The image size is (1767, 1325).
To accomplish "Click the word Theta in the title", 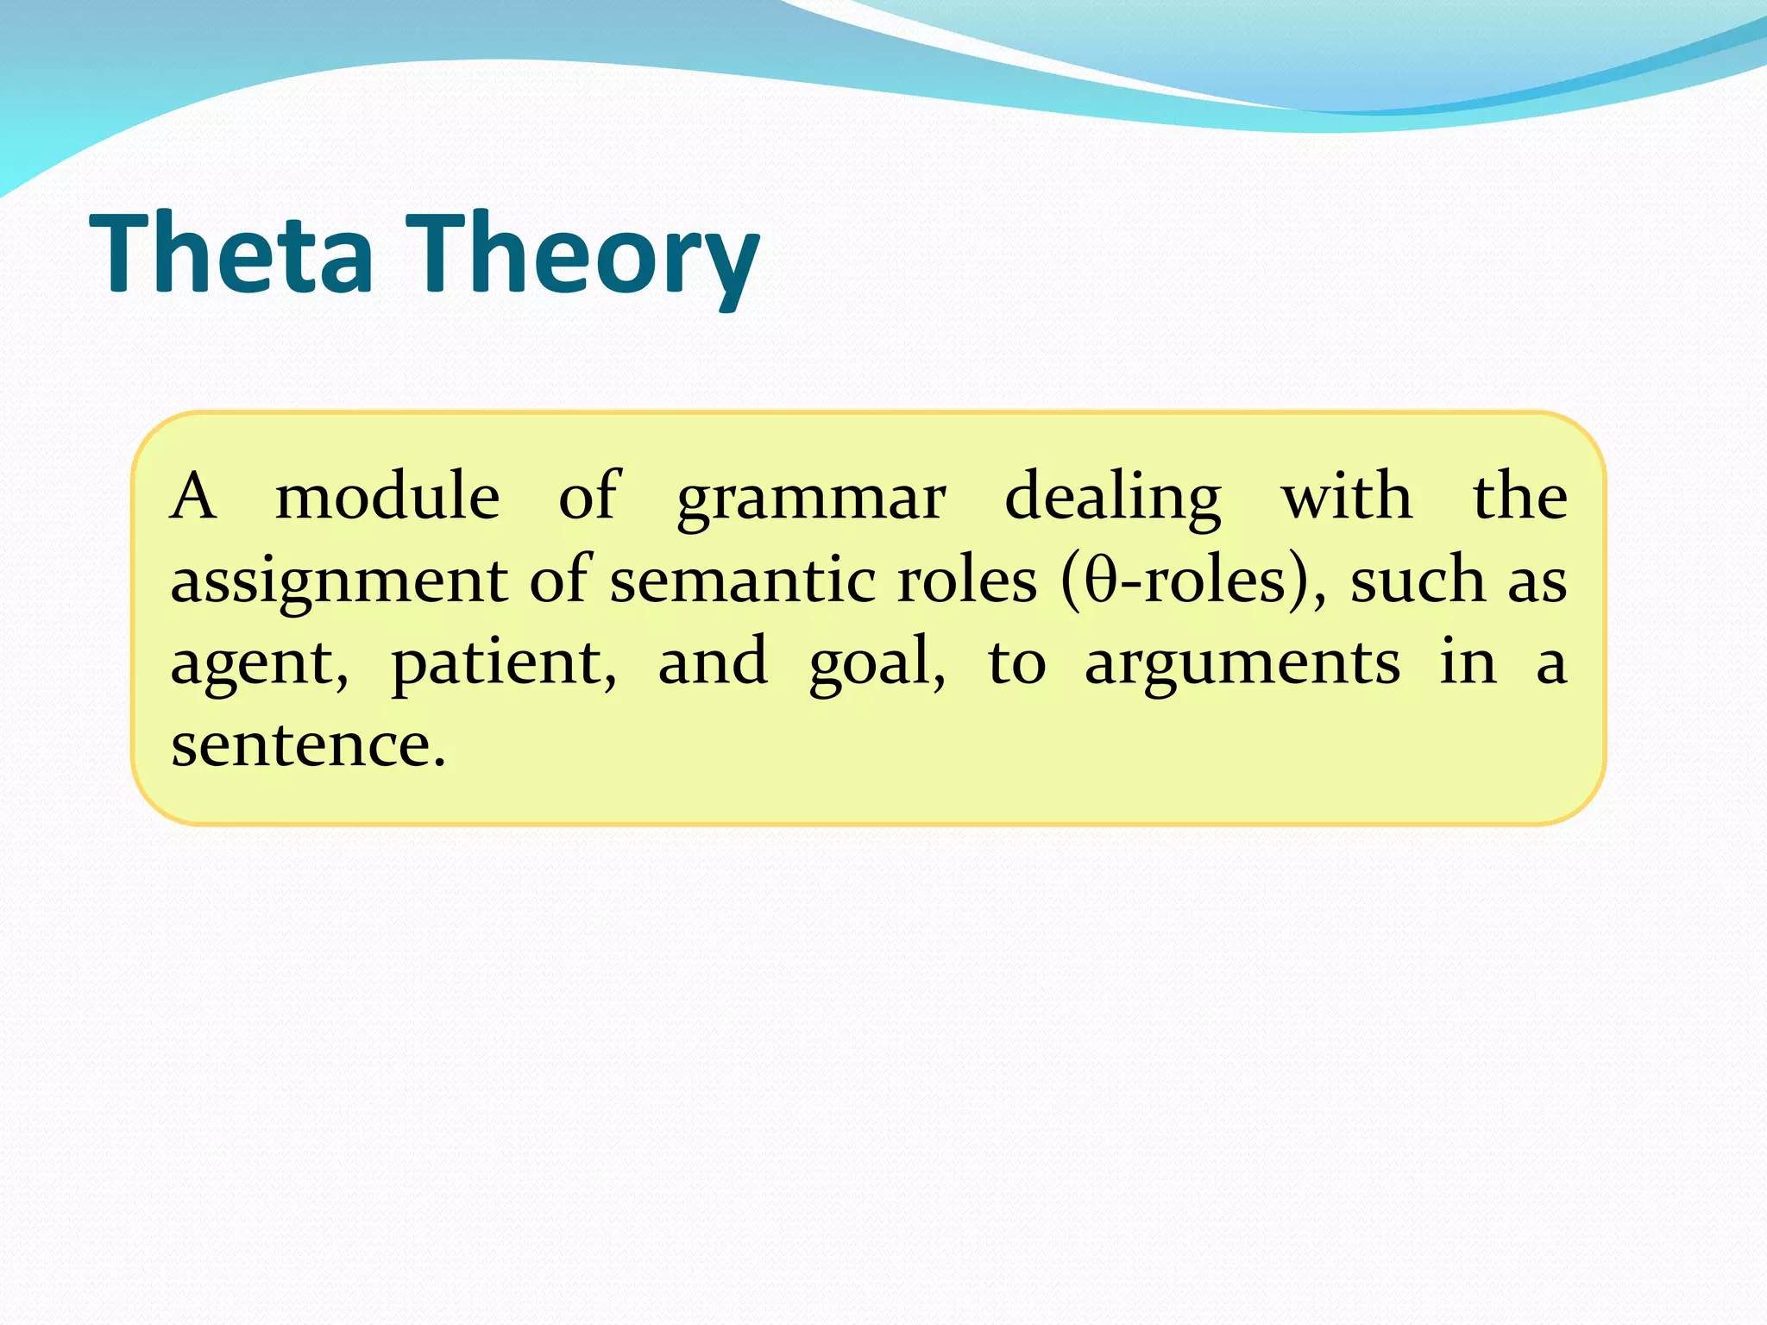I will click(231, 254).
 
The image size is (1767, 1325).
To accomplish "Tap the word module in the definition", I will click(387, 499).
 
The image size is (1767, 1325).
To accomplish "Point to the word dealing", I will click(1113, 499).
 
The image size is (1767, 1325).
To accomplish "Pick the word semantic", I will click(743, 581).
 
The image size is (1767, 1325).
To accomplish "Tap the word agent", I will click(257, 664).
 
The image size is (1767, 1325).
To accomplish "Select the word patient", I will click(502, 664).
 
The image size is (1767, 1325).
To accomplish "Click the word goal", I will click(875, 664).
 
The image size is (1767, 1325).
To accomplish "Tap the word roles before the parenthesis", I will click(966, 581).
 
